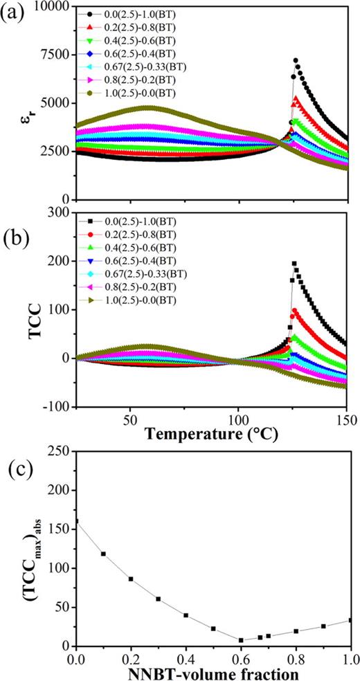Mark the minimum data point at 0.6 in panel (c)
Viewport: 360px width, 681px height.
click(x=241, y=640)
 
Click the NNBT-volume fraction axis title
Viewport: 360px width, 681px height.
click(x=215, y=671)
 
